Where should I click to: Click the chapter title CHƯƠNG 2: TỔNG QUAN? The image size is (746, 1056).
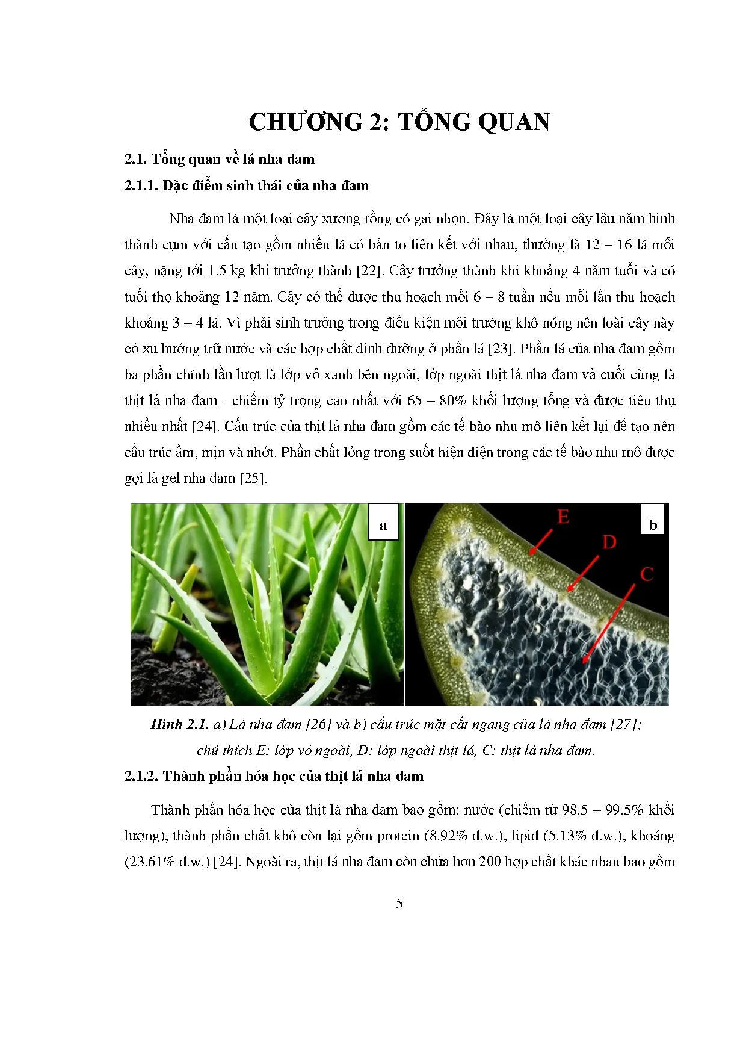(x=399, y=122)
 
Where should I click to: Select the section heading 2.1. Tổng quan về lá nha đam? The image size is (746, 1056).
(x=219, y=159)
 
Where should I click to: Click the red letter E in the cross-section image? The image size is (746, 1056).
(x=563, y=517)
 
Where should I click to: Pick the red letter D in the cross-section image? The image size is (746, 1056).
(x=609, y=542)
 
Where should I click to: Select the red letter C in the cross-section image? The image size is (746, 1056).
(x=647, y=574)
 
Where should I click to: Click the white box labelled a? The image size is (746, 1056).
(x=383, y=524)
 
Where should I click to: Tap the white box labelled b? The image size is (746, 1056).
(x=653, y=524)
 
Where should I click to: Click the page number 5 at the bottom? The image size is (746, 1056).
(x=399, y=904)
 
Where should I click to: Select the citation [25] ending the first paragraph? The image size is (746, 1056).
(x=252, y=479)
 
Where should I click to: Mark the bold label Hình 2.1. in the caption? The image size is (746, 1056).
(x=179, y=724)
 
